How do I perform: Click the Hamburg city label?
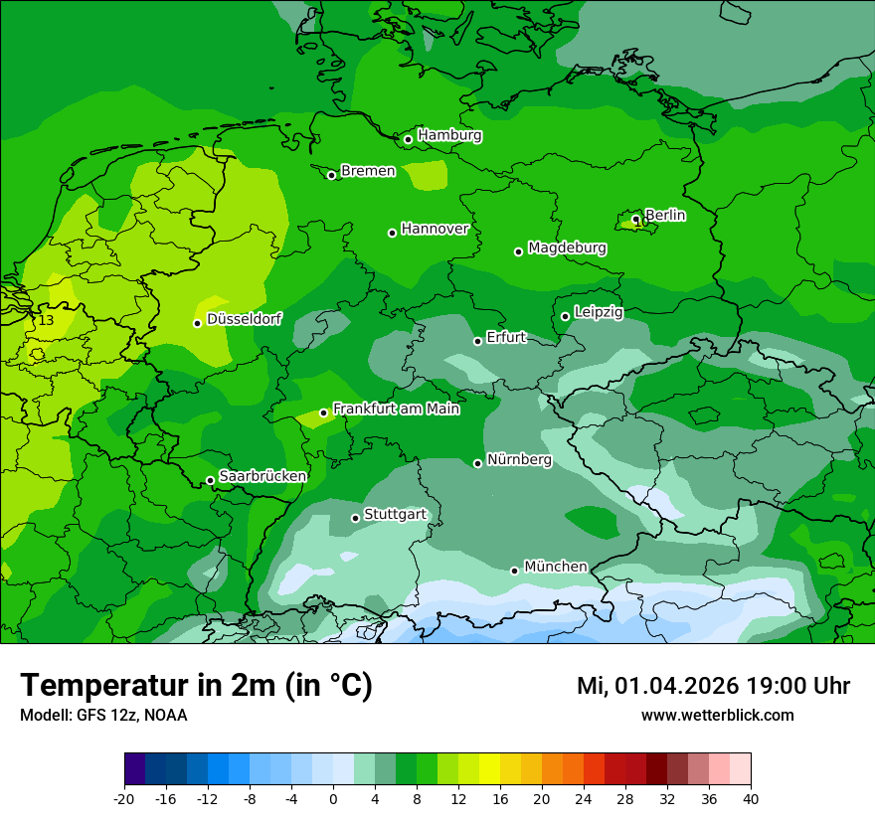449,135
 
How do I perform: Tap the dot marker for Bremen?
332,175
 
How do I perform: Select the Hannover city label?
435,229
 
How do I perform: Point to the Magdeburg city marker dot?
518,251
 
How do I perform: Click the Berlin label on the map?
665,215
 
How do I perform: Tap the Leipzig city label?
599,312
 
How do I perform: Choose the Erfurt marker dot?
477,341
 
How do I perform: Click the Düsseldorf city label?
244,319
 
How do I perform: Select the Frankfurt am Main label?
396,409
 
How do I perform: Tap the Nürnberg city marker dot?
478,463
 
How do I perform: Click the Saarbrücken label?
262,476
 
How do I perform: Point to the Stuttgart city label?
396,514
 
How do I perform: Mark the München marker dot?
514,571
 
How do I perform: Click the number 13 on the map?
47,320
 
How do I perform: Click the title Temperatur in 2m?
196,686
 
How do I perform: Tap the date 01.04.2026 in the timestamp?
676,686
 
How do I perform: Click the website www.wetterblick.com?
717,715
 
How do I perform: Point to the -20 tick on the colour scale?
124,798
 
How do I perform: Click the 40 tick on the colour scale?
751,798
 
